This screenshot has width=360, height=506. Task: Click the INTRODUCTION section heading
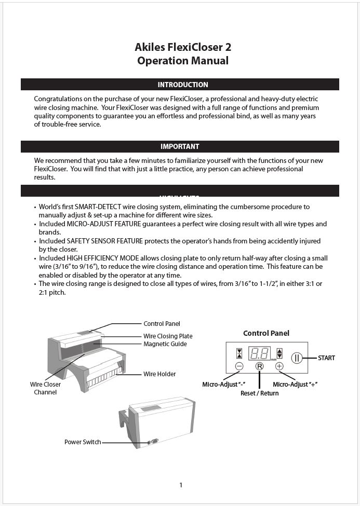(x=183, y=85)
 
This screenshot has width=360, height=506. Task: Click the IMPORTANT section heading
(x=180, y=146)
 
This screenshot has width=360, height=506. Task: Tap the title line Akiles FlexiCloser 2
(x=183, y=47)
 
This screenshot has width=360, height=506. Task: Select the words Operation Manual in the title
(x=183, y=61)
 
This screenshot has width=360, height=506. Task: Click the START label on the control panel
(x=326, y=358)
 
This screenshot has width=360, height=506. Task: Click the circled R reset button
(x=259, y=366)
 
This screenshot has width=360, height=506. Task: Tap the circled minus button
(x=239, y=366)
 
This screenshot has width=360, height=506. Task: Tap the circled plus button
(x=279, y=366)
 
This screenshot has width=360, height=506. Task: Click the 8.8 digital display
(x=259, y=354)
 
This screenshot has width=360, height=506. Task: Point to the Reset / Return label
(x=259, y=393)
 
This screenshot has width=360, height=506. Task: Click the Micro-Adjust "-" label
(x=223, y=385)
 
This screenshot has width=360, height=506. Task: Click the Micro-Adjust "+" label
(x=295, y=385)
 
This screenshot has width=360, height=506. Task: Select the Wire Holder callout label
(x=159, y=374)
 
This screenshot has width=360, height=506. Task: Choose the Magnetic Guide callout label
(x=165, y=344)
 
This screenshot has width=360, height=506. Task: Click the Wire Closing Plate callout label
(x=168, y=336)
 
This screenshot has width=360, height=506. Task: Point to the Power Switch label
(x=83, y=442)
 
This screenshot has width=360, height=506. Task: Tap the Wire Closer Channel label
(x=45, y=388)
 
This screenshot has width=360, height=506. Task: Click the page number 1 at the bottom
(x=181, y=485)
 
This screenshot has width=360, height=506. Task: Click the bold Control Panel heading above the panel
(x=266, y=333)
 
